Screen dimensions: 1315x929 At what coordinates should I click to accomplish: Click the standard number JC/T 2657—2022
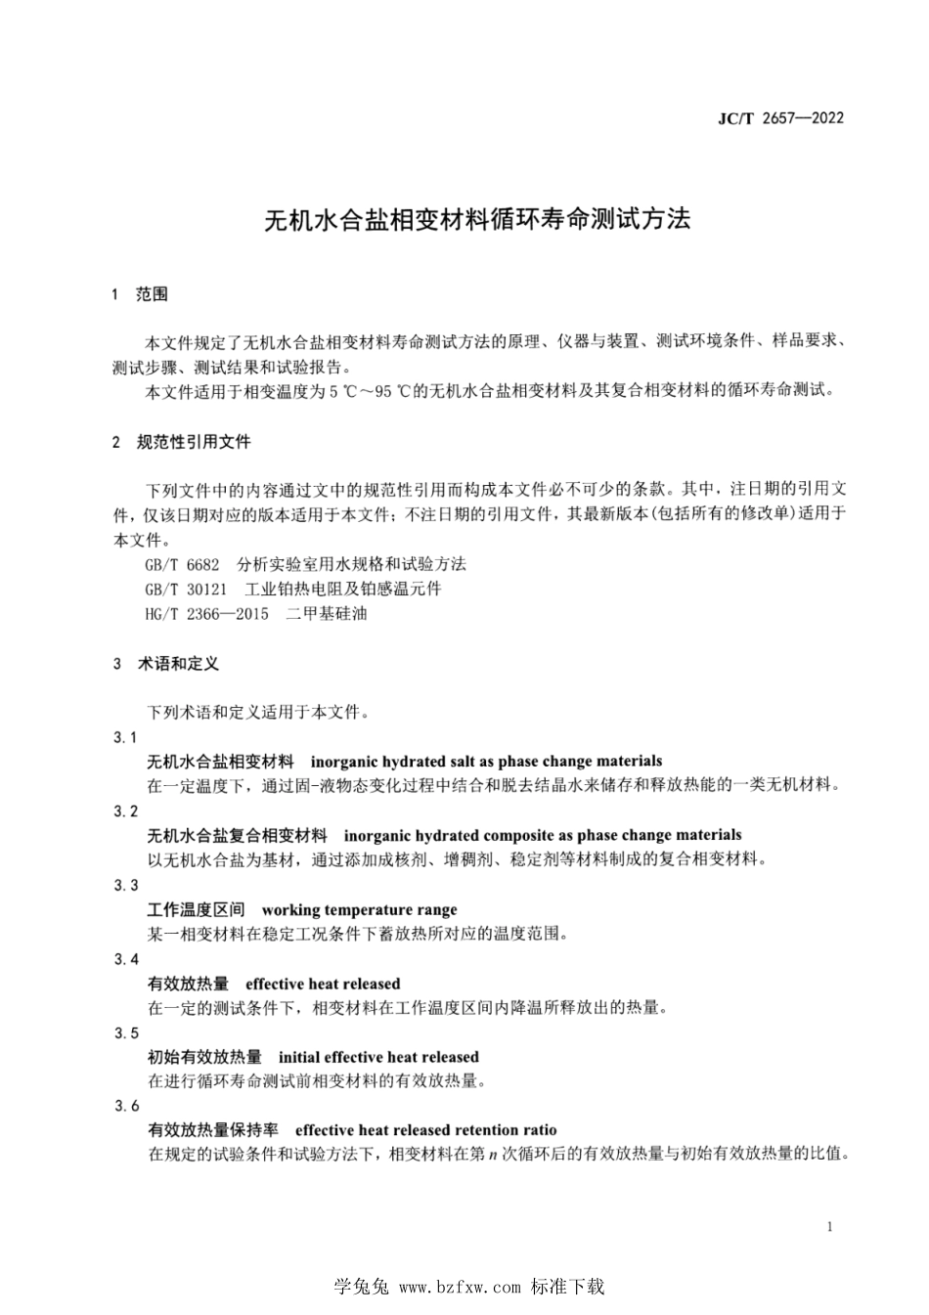click(x=780, y=118)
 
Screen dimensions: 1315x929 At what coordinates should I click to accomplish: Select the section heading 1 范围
click(x=140, y=294)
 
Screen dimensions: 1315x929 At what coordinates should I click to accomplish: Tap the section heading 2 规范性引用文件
click(x=182, y=442)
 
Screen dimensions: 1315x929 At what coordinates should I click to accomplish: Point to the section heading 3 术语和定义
click(x=166, y=664)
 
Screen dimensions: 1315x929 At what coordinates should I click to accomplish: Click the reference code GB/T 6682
click(x=175, y=564)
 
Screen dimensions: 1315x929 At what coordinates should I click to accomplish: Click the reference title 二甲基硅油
click(x=327, y=614)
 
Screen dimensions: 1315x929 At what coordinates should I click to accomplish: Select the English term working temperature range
click(x=359, y=909)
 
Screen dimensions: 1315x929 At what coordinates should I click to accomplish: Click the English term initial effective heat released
click(x=378, y=1057)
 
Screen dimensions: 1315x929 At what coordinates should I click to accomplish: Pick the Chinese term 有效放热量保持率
click(x=213, y=1130)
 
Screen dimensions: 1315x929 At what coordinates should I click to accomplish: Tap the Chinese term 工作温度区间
click(x=197, y=909)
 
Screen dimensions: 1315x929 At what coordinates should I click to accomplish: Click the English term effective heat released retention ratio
click(x=425, y=1130)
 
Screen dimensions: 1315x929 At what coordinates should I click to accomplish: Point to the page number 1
click(x=829, y=1227)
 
